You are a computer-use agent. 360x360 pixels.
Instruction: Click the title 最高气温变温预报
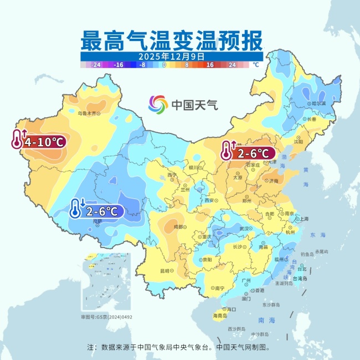[172, 40]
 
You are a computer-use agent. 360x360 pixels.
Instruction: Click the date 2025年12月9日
[172, 56]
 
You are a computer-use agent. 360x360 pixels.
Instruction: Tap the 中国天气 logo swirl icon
[157, 104]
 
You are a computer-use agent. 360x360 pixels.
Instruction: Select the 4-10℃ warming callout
[39, 141]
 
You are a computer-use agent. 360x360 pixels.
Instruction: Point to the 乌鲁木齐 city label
[89, 113]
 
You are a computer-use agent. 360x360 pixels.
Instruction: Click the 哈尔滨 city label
[319, 103]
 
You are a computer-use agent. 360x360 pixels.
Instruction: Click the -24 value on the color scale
[96, 65]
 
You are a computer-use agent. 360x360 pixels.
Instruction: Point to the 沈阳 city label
[299, 142]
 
